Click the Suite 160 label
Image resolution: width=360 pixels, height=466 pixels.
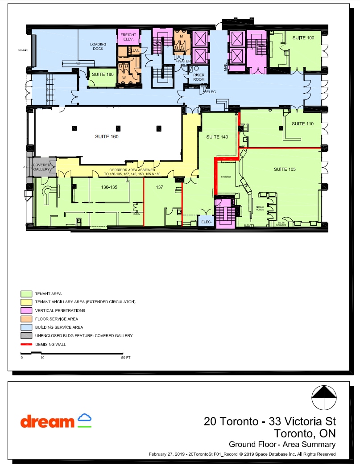pyautogui.click(x=107, y=137)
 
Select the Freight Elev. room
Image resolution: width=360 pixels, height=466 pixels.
pyautogui.click(x=128, y=37)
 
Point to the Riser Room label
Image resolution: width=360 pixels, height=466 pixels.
pyautogui.click(x=199, y=77)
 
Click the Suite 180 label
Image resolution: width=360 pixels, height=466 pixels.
pyautogui.click(x=103, y=74)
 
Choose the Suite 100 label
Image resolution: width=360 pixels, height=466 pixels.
pyautogui.click(x=303, y=38)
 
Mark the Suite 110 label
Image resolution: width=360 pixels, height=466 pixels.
pyautogui.click(x=303, y=124)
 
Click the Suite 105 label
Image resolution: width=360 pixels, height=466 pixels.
pyautogui.click(x=285, y=169)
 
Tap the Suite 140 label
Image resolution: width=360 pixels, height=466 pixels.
pyautogui.click(x=217, y=137)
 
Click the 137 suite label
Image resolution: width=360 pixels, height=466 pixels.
pyautogui.click(x=159, y=187)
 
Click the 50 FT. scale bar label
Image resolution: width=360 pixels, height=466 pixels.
pyautogui.click(x=126, y=358)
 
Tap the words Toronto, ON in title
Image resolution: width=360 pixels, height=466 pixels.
pyautogui.click(x=304, y=433)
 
